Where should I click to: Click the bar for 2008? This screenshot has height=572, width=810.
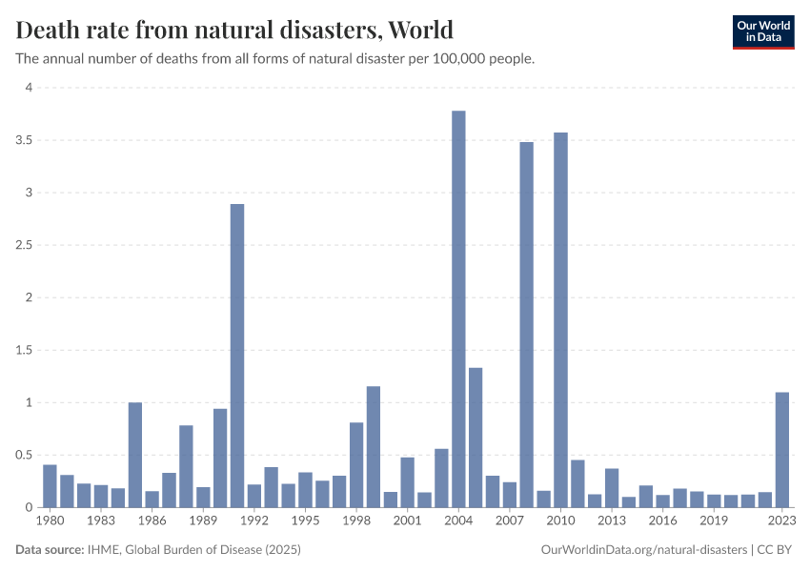point(526,324)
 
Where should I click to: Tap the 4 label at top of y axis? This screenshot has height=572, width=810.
point(29,88)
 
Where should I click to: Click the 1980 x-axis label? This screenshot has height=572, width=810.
point(50,521)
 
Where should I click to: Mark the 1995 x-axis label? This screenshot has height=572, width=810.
point(305,521)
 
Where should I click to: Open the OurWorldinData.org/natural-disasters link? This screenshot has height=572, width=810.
point(643,550)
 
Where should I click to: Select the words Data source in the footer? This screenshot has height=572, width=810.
point(50,550)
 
